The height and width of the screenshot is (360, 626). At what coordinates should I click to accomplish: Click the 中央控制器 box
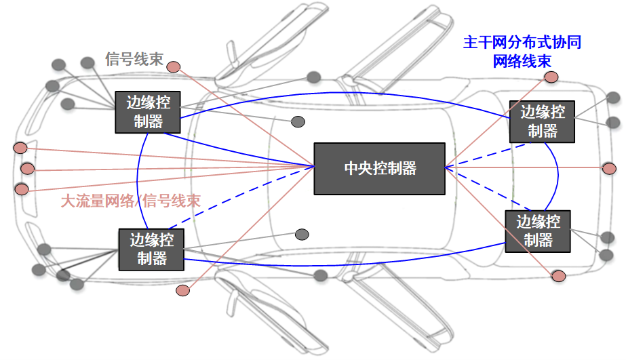point(379,168)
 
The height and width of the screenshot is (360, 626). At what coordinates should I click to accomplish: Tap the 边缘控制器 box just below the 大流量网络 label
point(152,249)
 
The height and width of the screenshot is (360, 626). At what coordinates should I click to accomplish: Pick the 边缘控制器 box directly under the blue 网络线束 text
point(542,121)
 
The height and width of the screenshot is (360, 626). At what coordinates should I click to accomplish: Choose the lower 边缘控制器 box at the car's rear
point(538,231)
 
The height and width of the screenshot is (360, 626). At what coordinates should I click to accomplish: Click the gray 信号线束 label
point(134,59)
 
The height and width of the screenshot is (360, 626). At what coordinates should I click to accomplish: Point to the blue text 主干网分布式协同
point(522,42)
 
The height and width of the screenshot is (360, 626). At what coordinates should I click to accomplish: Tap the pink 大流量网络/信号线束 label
point(131,201)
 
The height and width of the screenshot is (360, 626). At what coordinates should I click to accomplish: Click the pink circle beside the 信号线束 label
point(174,66)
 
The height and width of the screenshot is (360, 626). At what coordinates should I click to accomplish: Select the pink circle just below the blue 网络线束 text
point(551,77)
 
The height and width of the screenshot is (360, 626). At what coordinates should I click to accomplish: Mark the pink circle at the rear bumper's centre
point(609,168)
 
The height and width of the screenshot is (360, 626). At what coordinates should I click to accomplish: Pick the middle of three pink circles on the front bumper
point(27,168)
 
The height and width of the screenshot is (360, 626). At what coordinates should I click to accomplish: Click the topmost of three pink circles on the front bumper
point(20,148)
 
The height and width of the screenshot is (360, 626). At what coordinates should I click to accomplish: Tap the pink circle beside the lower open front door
point(182,290)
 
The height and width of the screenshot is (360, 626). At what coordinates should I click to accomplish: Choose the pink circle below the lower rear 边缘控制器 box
point(558,276)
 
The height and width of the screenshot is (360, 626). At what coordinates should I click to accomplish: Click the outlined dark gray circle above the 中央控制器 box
point(298,121)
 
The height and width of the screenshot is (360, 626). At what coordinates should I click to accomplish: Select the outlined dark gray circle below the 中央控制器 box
point(302,235)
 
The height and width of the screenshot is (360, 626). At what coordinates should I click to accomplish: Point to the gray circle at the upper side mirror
point(313,77)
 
